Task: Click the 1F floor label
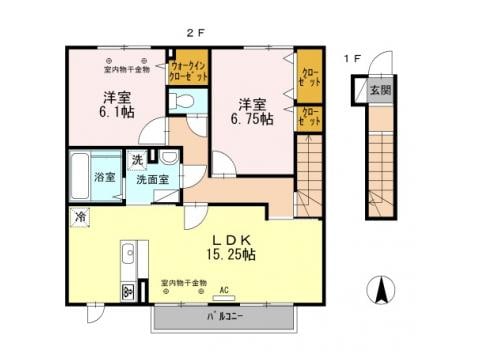tap(352, 59)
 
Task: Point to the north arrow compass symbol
tap(381, 292)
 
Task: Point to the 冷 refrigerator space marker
tap(79, 215)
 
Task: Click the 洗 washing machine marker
tap(136, 160)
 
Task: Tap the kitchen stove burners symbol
tap(127, 291)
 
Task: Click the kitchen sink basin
tap(127, 259)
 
